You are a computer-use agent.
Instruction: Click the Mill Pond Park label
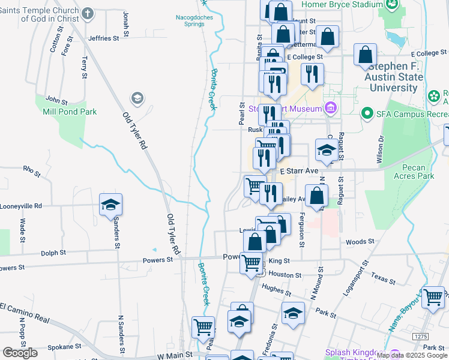65,112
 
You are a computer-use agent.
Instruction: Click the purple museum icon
330,109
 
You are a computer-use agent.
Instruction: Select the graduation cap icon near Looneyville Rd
110,205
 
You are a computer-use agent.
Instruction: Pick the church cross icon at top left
88,13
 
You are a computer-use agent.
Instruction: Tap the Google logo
20,353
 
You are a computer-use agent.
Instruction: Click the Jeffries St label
103,38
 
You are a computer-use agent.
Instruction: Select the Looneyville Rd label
21,205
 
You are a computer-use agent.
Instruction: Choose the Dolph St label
53,253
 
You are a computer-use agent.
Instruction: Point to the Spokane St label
64,346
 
